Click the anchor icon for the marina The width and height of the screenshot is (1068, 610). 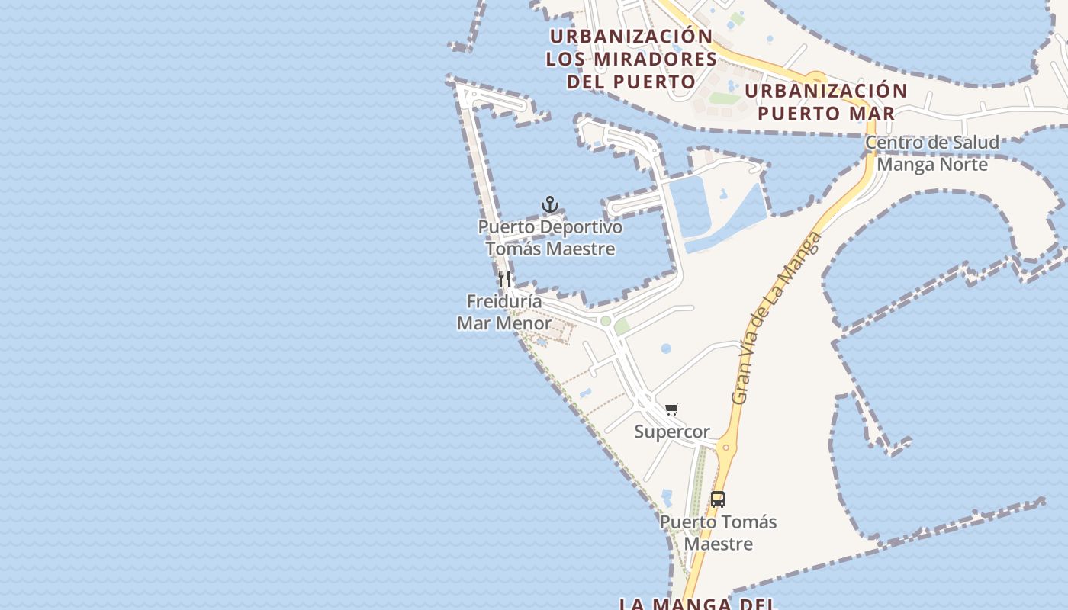click(x=550, y=204)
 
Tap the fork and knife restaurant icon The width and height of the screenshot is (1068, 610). click(x=504, y=279)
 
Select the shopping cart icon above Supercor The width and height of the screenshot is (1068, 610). click(x=671, y=409)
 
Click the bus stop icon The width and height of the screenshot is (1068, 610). click(x=718, y=499)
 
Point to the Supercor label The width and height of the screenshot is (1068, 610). click(x=672, y=432)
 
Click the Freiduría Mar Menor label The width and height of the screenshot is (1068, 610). click(x=504, y=313)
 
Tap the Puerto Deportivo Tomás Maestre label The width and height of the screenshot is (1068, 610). click(x=550, y=238)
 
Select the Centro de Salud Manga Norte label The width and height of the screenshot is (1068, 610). click(x=932, y=153)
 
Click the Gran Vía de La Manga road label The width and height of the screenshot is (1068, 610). click(x=776, y=319)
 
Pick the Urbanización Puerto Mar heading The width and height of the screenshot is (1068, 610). click(x=826, y=102)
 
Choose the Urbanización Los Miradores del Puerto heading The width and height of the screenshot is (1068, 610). click(x=631, y=59)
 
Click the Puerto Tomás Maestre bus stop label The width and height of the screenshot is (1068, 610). click(x=718, y=533)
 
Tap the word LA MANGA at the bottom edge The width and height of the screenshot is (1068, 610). click(x=666, y=604)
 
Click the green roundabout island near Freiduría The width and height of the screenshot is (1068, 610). click(x=606, y=321)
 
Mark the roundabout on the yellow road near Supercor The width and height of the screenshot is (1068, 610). click(x=726, y=448)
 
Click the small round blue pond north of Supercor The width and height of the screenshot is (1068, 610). click(x=666, y=348)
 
